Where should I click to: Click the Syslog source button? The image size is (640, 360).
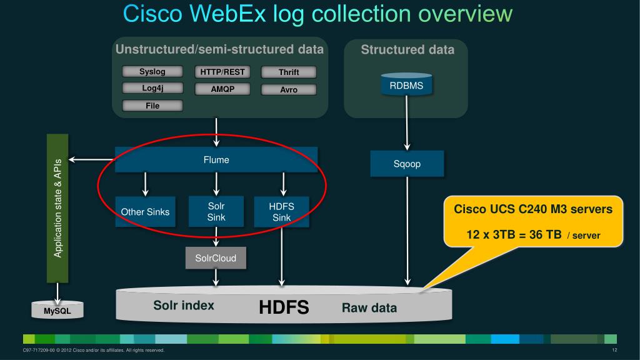(152, 72)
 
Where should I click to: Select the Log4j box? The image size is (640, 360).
(152, 88)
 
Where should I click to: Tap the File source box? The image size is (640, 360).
(152, 106)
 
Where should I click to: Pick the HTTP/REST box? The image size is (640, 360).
(222, 72)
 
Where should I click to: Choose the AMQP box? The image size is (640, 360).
(222, 89)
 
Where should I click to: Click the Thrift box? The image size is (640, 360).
(289, 72)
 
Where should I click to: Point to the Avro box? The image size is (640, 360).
(289, 89)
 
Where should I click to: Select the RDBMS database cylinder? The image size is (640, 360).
(406, 86)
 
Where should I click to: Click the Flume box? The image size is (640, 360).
(216, 160)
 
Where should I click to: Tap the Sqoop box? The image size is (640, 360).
(407, 164)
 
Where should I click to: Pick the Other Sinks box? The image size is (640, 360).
(145, 212)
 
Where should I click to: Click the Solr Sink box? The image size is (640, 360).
(216, 212)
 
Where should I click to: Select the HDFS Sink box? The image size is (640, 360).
(282, 212)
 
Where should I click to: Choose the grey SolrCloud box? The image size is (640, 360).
(216, 257)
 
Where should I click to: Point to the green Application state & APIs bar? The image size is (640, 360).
(58, 207)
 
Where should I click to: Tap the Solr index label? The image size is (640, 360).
(184, 306)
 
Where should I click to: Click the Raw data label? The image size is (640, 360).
(369, 308)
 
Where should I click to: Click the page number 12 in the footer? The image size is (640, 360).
(615, 350)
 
